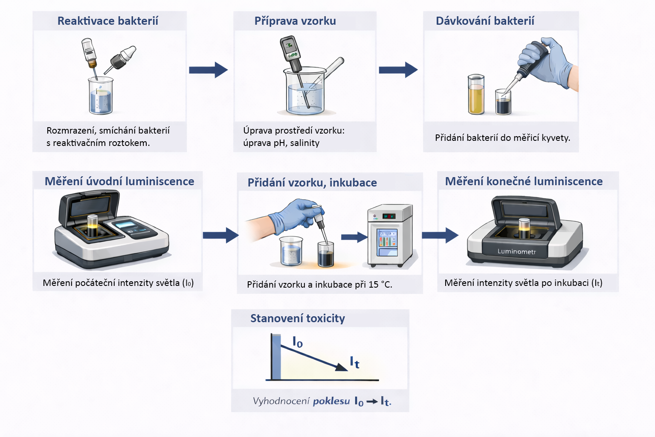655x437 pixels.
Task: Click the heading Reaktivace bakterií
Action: click(x=107, y=21)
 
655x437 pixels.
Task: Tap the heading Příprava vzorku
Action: click(x=295, y=21)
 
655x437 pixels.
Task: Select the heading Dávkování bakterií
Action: click(x=485, y=21)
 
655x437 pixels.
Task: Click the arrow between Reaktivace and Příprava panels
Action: click(x=208, y=70)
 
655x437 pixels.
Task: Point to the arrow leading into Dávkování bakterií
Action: click(x=398, y=70)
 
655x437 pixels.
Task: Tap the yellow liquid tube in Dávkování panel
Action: click(x=476, y=96)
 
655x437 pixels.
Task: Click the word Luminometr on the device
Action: click(x=516, y=251)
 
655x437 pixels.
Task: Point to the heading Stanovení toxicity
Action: click(x=298, y=318)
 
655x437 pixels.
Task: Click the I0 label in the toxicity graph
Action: click(x=298, y=342)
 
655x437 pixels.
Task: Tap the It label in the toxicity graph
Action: click(x=354, y=362)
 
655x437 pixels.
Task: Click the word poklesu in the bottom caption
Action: click(x=331, y=401)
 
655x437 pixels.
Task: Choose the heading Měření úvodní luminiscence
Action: click(x=119, y=181)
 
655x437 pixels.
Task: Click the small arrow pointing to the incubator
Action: click(x=354, y=237)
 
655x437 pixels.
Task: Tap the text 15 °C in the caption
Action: click(x=380, y=285)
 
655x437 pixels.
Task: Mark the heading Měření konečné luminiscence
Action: click(x=524, y=181)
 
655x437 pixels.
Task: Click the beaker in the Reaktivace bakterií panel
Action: click(x=101, y=97)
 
